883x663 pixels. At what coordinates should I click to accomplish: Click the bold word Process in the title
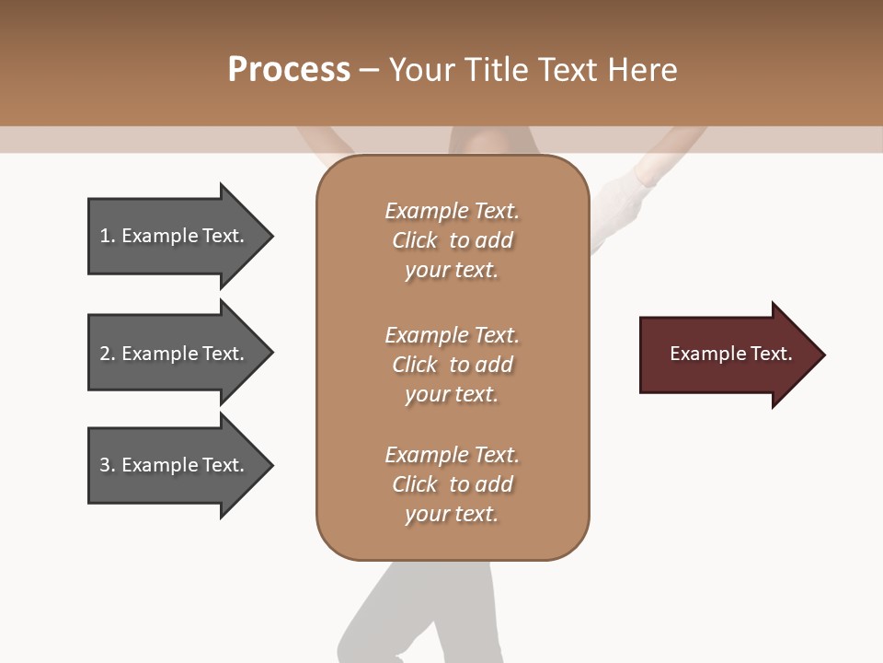click(289, 70)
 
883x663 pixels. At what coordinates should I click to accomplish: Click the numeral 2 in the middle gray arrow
click(105, 354)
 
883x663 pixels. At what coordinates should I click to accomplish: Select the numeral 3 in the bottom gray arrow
click(105, 465)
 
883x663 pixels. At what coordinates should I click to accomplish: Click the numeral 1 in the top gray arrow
click(105, 237)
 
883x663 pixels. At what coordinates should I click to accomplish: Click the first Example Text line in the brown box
click(452, 211)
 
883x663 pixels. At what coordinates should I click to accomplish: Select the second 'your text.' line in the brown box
click(452, 394)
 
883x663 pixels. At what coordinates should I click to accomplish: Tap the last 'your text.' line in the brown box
click(452, 514)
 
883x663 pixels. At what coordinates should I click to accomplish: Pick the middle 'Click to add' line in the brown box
click(452, 365)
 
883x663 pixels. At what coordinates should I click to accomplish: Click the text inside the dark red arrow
click(730, 354)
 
